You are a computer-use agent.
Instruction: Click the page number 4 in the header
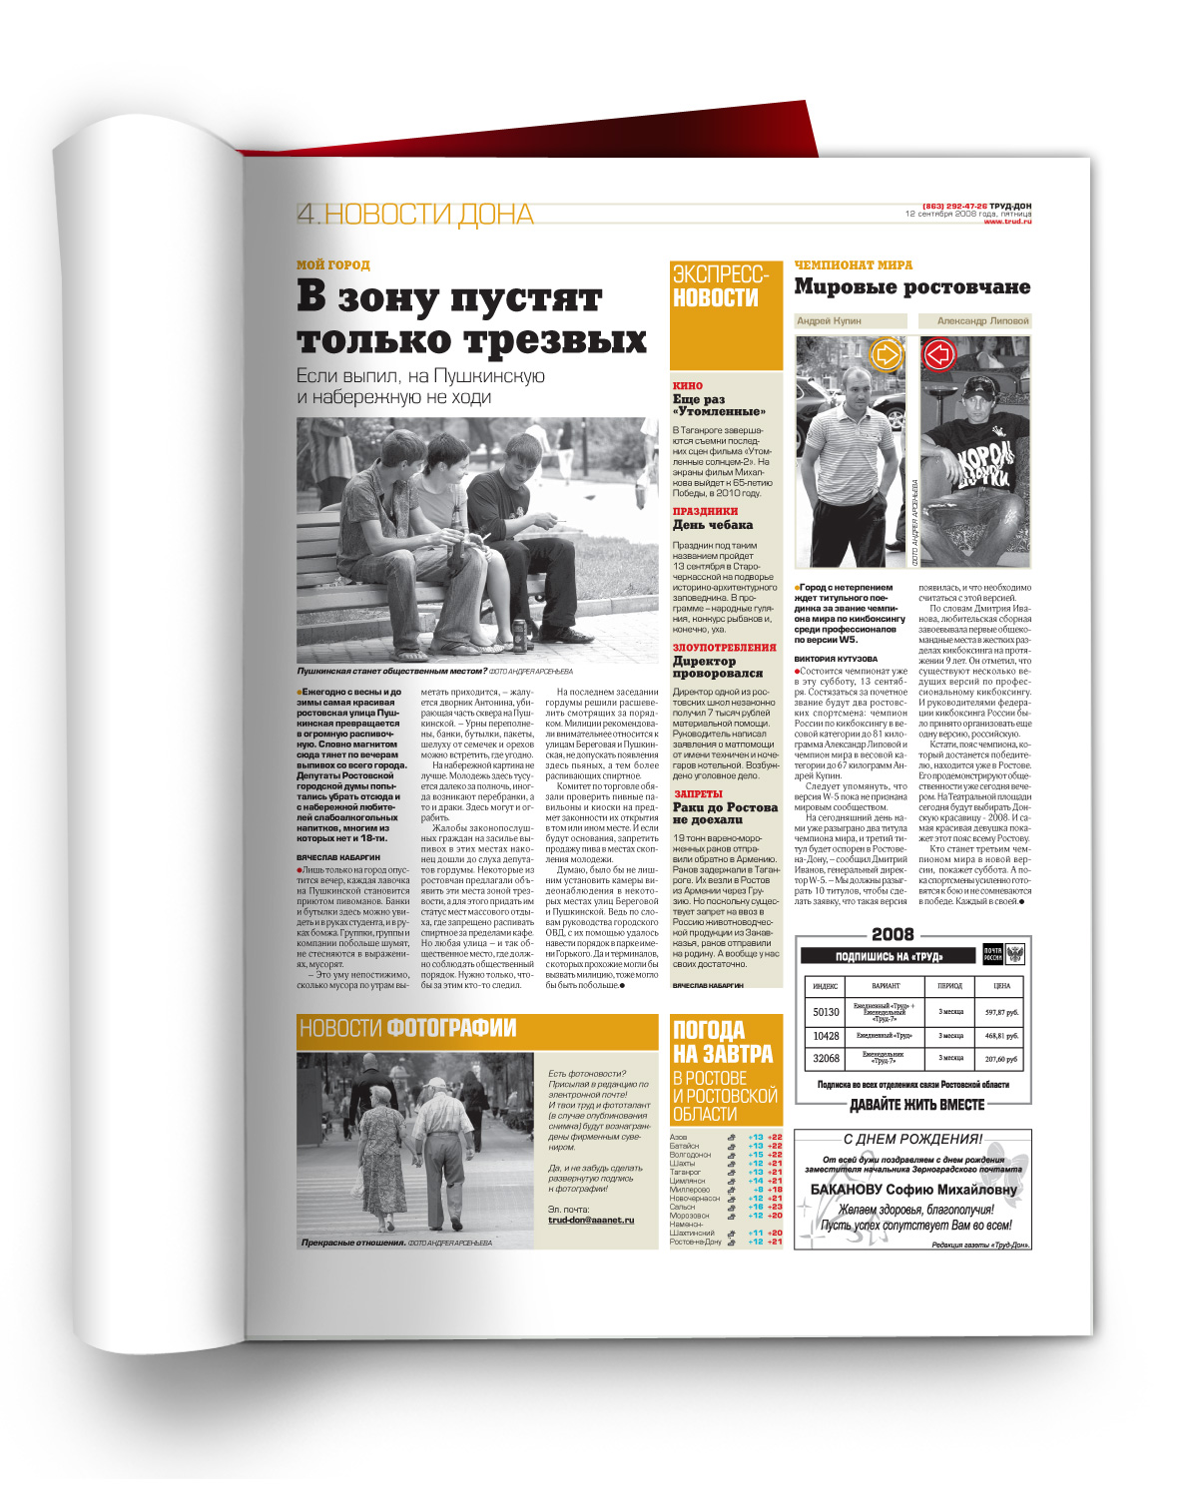coord(306,214)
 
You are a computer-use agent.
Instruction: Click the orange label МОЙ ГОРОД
coord(332,264)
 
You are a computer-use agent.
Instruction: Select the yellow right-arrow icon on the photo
coord(886,353)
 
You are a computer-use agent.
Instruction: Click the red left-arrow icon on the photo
coord(939,353)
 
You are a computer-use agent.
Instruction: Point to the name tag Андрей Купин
coord(829,321)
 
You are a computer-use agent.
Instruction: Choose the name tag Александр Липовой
coord(982,321)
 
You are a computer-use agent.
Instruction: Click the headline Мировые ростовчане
coord(911,287)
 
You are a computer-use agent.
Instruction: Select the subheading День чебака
coord(712,525)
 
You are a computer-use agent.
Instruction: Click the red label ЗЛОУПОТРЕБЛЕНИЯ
coord(724,648)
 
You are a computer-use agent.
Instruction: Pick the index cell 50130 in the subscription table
coord(826,1012)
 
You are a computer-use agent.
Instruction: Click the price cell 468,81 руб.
coord(1001,1036)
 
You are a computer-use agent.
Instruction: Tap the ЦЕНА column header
coord(1001,986)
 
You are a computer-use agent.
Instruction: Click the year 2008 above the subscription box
coord(893,934)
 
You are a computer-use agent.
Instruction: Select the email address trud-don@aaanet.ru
coord(591,1220)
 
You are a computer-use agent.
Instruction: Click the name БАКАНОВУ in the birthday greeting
coord(856,1190)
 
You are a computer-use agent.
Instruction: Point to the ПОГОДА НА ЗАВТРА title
coord(723,1042)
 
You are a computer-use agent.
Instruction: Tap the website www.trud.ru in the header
coord(1007,222)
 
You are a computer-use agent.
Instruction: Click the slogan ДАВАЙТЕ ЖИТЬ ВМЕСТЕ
coord(916,1105)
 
